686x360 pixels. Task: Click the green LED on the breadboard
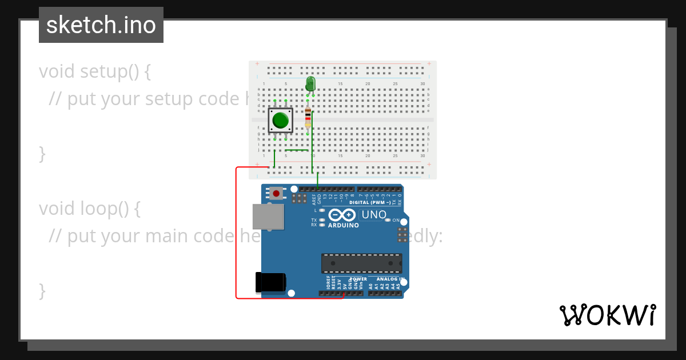tap(310, 84)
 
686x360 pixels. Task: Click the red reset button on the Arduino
tap(277, 193)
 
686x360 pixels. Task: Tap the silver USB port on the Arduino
tap(268, 218)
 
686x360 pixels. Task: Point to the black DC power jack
tap(270, 282)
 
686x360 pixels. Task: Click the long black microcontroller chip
tap(361, 263)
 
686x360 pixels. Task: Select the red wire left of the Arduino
tap(236, 234)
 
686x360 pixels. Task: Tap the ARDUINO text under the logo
tap(343, 225)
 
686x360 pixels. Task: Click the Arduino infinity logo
tap(342, 215)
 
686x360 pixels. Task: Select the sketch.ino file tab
tap(101, 25)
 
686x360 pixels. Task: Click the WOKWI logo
tap(607, 315)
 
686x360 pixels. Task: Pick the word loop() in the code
tap(109, 209)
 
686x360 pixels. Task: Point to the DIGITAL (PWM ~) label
tap(370, 202)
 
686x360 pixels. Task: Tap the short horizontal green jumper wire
tap(297, 150)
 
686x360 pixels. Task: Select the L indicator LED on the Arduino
tap(322, 210)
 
